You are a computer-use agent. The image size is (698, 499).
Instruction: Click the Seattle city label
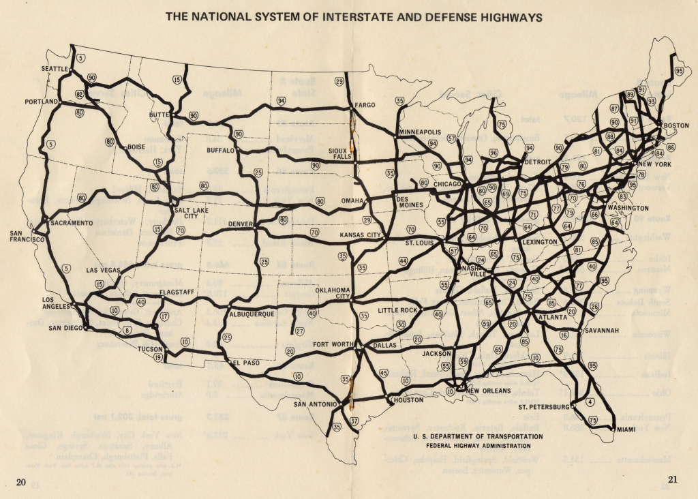coord(55,69)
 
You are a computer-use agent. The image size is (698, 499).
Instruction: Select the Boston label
coord(676,125)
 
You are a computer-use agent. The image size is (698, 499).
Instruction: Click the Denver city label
coord(241,224)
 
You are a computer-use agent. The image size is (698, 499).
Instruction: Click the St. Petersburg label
coord(543,407)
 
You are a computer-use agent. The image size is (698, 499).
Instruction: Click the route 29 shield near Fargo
coord(339,82)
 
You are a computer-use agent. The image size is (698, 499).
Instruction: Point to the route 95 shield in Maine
coord(679,70)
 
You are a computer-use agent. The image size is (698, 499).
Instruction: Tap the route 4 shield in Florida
coord(589,402)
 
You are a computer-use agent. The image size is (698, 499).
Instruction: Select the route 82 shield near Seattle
coord(79,94)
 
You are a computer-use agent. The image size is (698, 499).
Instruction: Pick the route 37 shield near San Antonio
coord(354,421)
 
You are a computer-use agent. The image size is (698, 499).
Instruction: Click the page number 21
coord(673,479)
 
